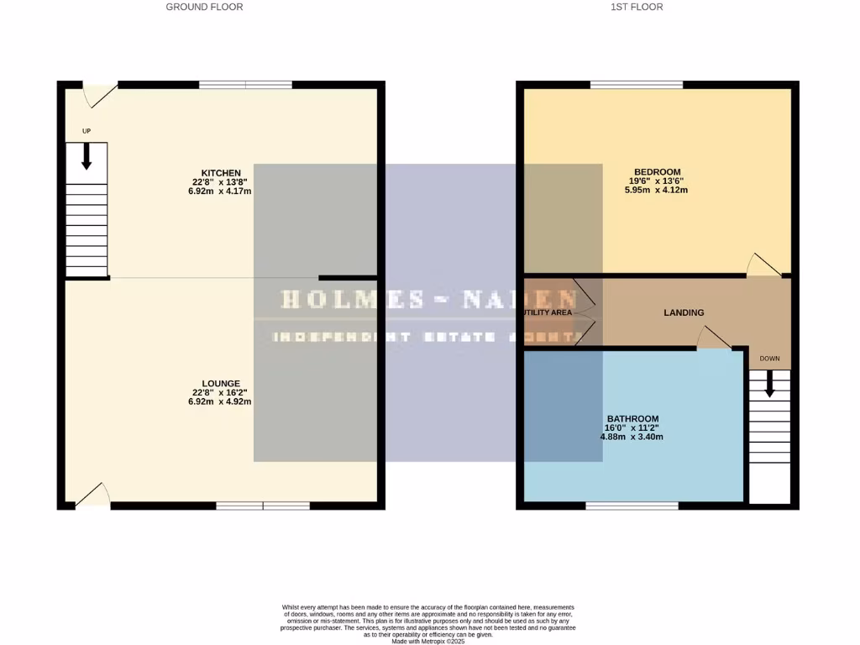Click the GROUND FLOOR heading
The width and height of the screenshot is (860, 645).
(x=204, y=7)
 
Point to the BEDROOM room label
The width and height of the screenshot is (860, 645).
(x=658, y=172)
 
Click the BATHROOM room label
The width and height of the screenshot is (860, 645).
(x=632, y=418)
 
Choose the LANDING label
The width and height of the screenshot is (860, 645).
(x=684, y=312)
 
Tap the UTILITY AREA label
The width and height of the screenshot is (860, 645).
(x=547, y=312)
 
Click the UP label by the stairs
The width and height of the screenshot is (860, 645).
(x=86, y=132)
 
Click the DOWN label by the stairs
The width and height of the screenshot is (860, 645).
(x=769, y=359)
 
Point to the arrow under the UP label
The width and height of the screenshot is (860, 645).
(x=86, y=156)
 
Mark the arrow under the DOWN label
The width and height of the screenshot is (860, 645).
(x=769, y=385)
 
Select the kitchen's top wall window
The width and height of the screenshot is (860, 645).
(x=245, y=85)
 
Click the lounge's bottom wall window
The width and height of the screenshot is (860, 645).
(x=263, y=506)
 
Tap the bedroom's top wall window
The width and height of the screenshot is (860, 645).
(x=636, y=85)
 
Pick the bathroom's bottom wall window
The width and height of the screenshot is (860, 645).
(x=632, y=506)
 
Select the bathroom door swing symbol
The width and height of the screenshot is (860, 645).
(x=713, y=338)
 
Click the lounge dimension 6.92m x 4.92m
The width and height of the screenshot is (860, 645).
(x=220, y=401)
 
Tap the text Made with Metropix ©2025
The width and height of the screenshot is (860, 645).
(x=428, y=641)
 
